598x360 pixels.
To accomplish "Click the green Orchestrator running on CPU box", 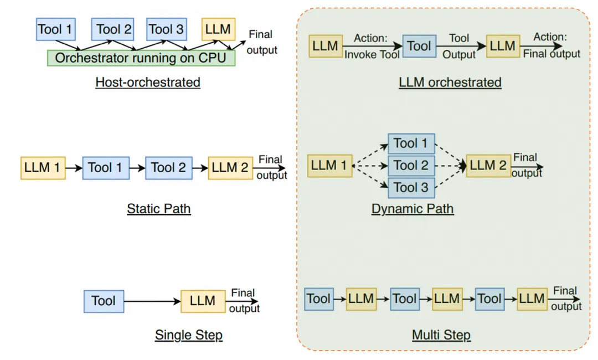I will click(141, 58).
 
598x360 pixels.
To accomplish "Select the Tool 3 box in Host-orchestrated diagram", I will click(166, 29).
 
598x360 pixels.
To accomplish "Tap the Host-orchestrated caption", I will click(147, 83).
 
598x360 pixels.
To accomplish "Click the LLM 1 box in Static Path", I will click(43, 168).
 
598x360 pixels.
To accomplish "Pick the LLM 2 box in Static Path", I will click(230, 168).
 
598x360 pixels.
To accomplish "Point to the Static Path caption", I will click(158, 209).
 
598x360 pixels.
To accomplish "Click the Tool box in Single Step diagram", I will click(104, 301).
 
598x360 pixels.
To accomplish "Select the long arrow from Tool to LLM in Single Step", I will click(152, 301).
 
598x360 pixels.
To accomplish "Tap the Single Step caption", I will click(188, 335).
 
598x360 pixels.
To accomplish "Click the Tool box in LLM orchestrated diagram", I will click(419, 47).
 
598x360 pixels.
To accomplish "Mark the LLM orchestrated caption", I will click(450, 83).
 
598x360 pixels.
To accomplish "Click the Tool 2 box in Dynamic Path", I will click(411, 166).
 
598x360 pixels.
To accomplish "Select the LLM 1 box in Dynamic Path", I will click(330, 166).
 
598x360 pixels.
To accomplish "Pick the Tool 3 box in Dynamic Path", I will click(411, 188).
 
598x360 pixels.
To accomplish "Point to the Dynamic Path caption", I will click(413, 209).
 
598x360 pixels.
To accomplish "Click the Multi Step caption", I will click(441, 335).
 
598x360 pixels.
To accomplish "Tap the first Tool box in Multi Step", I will click(318, 299).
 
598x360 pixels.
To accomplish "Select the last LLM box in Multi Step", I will click(532, 299).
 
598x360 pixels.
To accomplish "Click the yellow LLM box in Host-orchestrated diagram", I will click(218, 29).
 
